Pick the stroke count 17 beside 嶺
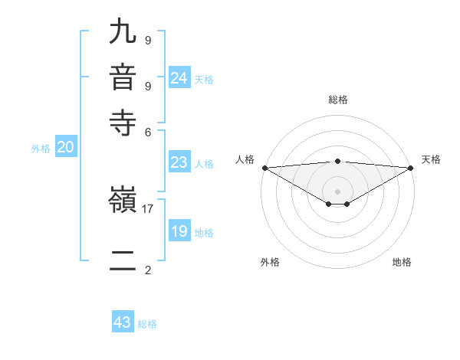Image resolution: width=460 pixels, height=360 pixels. pos(148,208)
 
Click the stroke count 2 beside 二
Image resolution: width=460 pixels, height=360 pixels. pos(148,270)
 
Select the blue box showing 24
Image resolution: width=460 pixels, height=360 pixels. pos(179,77)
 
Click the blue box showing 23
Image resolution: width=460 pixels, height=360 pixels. pos(179,162)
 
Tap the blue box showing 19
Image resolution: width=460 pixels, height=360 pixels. pos(179,231)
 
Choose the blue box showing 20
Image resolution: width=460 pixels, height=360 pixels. pos(65,148)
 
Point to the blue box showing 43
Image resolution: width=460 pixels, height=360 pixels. pos(123,322)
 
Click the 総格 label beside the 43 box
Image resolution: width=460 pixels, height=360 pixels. pos(148,324)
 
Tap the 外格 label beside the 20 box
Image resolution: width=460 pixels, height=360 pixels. pos(41,149)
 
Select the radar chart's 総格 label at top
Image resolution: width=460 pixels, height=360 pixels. pos(337,100)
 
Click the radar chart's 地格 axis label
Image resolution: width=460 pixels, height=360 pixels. pos(402,262)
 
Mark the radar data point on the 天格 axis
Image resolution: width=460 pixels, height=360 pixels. pos(411,168)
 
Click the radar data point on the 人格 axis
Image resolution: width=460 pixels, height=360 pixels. pos(264,168)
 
